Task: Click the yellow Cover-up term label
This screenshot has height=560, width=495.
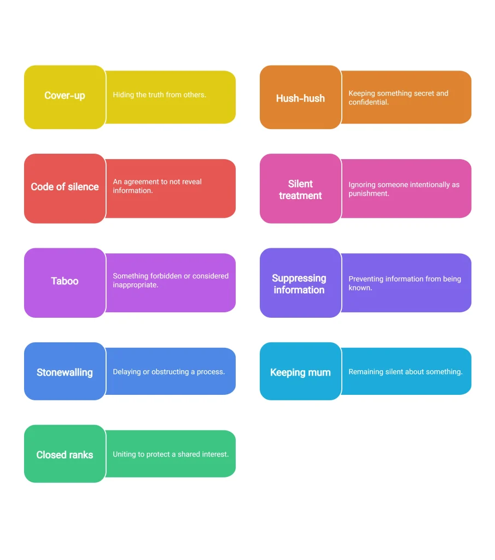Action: click(65, 96)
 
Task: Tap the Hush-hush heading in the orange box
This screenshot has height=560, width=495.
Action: click(300, 98)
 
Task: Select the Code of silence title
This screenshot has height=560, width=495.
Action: click(65, 187)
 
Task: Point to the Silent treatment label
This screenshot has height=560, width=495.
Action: click(300, 190)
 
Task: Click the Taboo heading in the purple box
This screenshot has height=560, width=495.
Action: click(65, 281)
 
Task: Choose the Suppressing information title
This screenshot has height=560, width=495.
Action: click(299, 284)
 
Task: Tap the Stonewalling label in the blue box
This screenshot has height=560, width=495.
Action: click(65, 372)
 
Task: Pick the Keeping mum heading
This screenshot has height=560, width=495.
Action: click(300, 372)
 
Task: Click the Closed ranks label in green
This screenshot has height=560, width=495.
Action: click(65, 455)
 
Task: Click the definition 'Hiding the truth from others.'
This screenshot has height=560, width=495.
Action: click(160, 95)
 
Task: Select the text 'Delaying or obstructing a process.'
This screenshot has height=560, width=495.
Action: click(169, 372)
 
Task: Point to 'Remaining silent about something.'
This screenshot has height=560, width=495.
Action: click(405, 372)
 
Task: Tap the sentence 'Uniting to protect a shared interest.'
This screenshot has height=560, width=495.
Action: click(171, 454)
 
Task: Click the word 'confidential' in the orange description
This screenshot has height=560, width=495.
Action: click(368, 102)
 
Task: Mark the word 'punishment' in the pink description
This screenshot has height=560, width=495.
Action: click(368, 194)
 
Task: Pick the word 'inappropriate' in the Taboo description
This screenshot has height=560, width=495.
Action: click(135, 285)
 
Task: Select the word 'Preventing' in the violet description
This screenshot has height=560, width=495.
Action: click(365, 279)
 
